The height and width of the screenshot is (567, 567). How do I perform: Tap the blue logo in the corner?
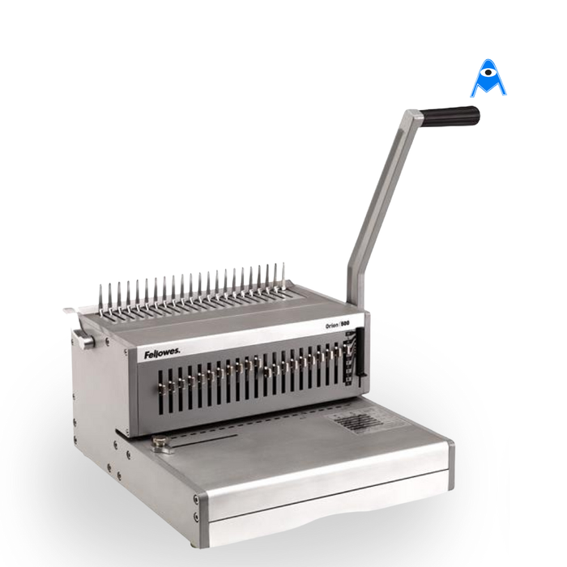[488, 79]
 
